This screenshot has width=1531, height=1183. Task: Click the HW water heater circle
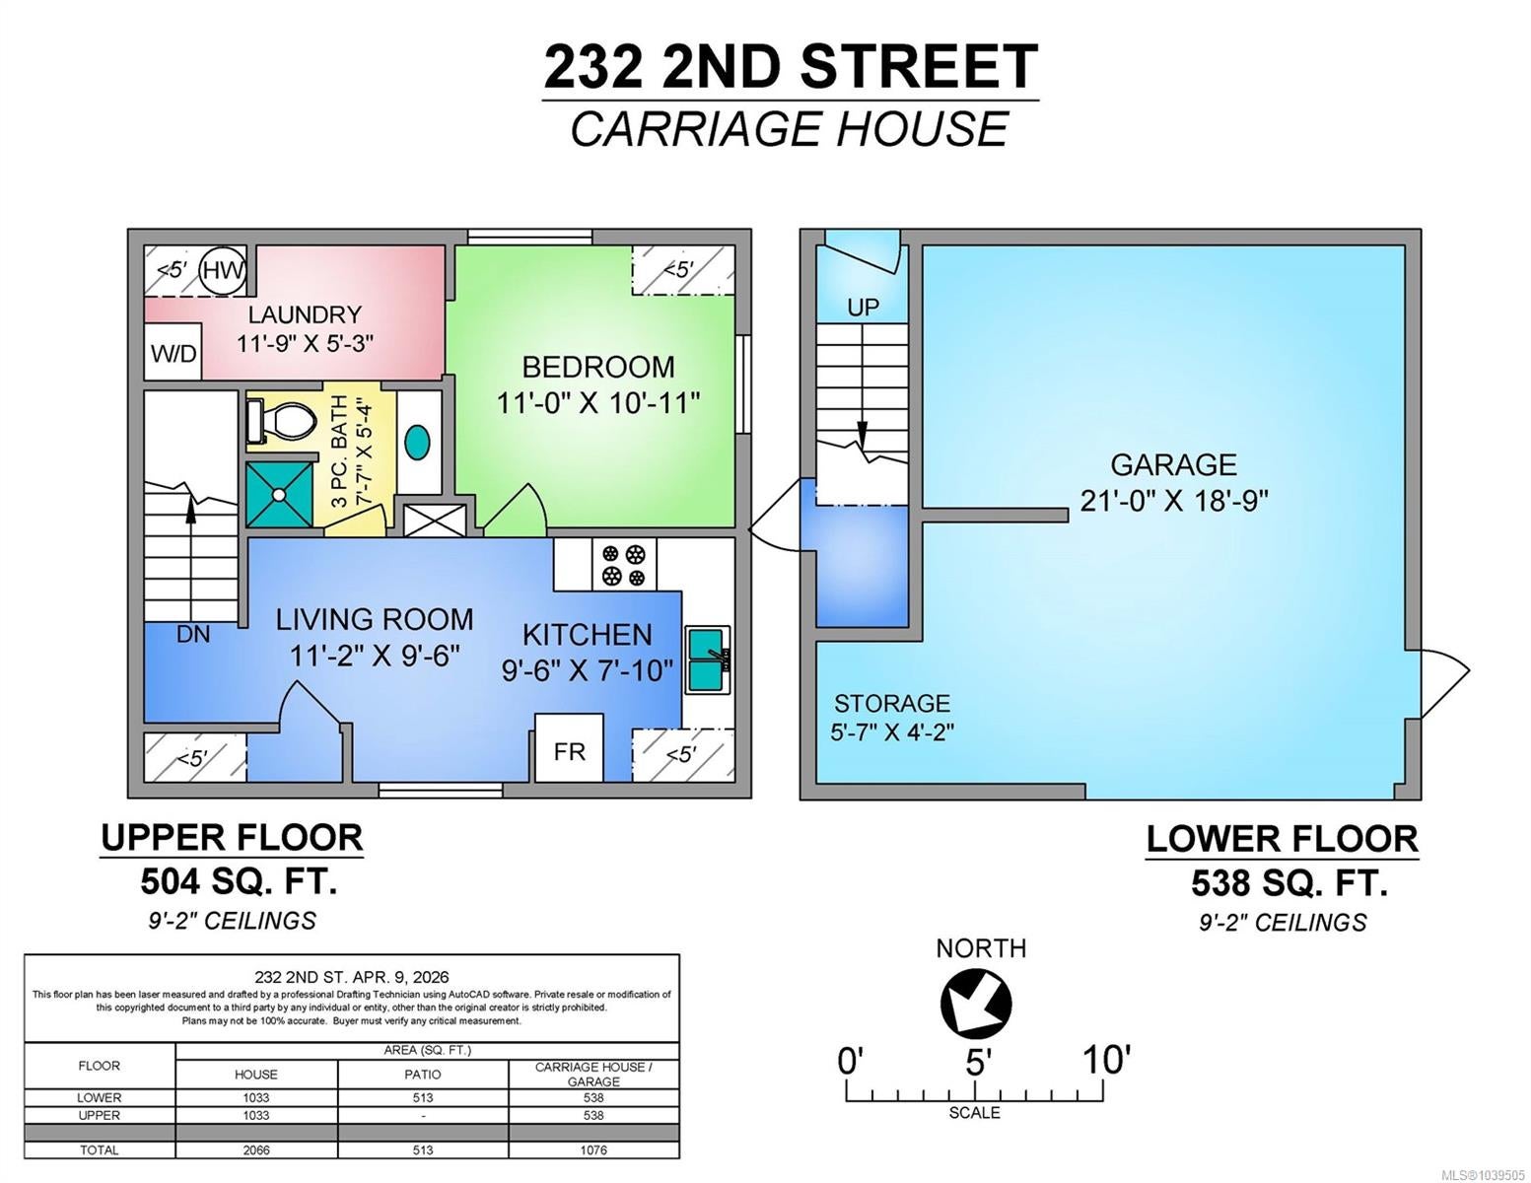point(223,270)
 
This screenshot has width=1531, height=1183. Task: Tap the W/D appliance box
point(174,352)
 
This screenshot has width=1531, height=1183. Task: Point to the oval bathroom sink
point(418,443)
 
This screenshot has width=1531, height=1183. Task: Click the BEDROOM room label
point(598,367)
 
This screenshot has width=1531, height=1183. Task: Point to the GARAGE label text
point(1174,465)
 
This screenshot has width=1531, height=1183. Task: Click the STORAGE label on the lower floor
point(892,703)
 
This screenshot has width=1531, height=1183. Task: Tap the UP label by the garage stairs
point(863,308)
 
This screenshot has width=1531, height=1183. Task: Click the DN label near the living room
point(193,635)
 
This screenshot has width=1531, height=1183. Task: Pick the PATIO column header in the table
point(423,1075)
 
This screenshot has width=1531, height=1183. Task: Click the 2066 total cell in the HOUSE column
point(255,1149)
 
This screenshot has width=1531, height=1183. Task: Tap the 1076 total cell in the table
point(593,1149)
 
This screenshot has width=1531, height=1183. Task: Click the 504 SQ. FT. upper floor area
point(239,881)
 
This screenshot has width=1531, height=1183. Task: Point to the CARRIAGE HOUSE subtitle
point(790,128)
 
